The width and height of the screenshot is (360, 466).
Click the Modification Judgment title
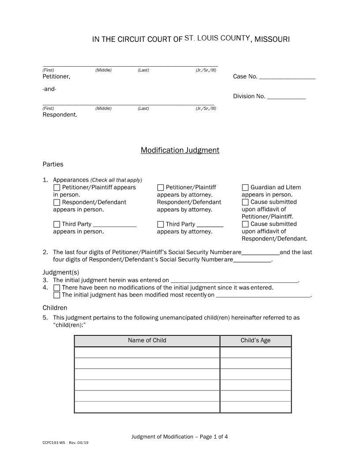(x=180, y=150)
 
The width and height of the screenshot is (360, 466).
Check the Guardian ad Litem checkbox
(x=245, y=188)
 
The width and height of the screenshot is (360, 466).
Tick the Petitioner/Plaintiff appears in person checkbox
(x=56, y=188)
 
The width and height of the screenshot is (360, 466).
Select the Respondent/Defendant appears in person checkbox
(x=56, y=203)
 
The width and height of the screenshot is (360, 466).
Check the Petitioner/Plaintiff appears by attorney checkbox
(x=161, y=188)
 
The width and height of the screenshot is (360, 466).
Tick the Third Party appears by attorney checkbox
(x=161, y=225)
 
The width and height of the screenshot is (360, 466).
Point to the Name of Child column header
(x=147, y=340)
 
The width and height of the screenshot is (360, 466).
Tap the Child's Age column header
(x=255, y=340)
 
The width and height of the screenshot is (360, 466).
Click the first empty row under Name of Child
(x=147, y=352)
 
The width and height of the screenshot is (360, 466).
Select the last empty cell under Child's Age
(x=255, y=407)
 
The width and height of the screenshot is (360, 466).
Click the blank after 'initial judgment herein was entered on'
(x=234, y=280)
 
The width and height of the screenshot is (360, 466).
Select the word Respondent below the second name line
(x=60, y=115)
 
